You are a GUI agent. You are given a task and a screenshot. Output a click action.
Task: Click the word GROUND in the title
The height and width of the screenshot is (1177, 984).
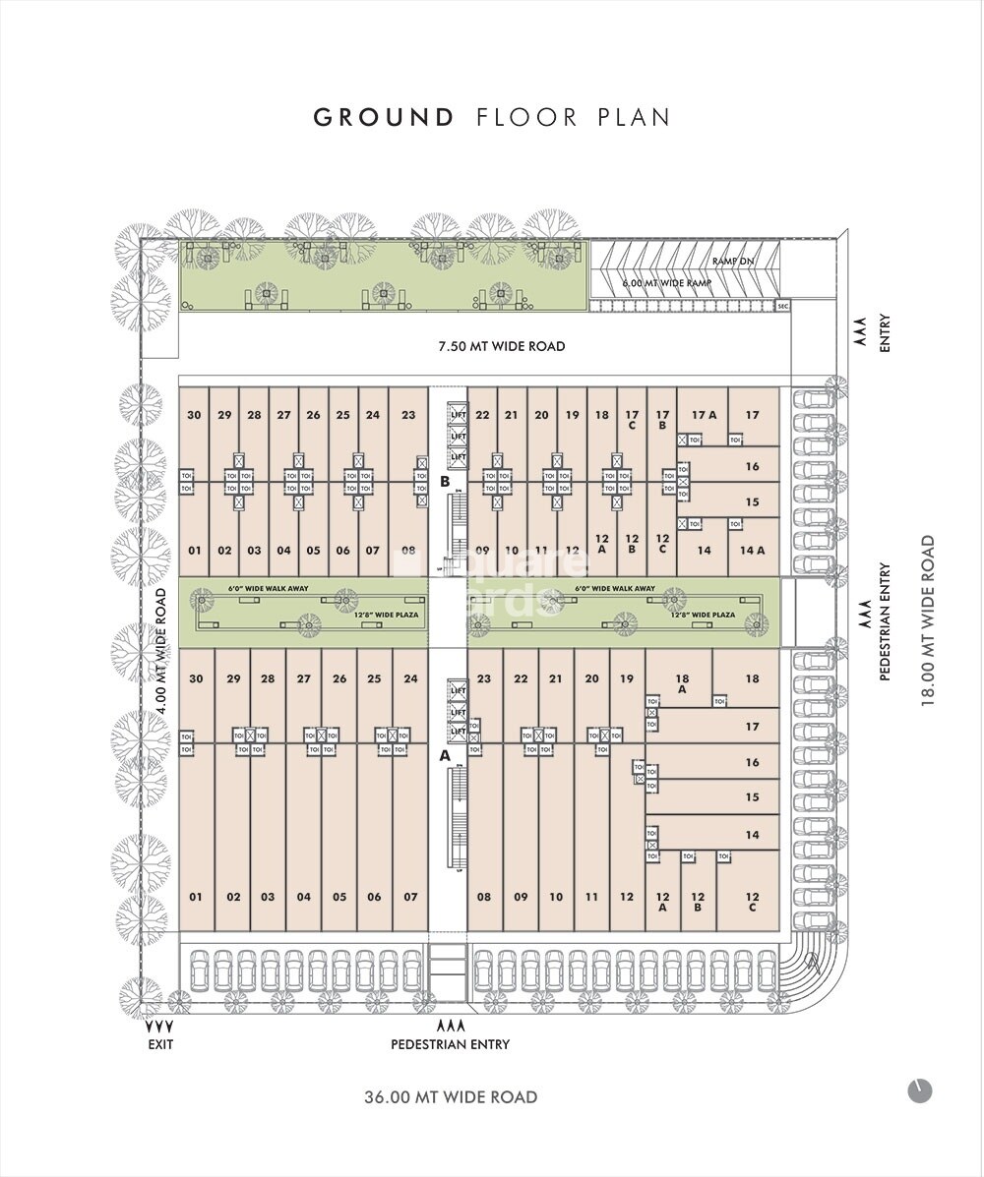384,118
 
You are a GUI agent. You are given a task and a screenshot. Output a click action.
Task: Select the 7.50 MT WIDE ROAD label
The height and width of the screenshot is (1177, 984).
502,346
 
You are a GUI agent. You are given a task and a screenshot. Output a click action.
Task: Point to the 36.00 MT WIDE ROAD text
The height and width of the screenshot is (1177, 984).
451,1096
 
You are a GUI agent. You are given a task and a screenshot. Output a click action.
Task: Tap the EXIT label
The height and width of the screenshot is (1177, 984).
159,1044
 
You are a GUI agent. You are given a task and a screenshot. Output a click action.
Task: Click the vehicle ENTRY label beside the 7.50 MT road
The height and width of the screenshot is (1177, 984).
885,334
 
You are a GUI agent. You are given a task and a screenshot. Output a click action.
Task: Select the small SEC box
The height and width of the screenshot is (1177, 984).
783,307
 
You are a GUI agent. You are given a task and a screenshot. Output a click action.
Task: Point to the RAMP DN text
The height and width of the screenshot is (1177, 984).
734,262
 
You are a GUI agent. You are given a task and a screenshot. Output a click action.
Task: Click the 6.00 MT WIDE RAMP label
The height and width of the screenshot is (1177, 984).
666,283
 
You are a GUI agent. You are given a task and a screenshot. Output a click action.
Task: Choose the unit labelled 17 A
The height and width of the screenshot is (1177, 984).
704,415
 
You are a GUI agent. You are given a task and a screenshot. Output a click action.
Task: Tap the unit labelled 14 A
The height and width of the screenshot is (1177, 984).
752,551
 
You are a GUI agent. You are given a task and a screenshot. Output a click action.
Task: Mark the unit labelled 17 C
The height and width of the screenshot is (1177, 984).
632,420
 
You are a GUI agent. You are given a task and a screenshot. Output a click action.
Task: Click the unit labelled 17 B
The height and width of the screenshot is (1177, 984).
661,420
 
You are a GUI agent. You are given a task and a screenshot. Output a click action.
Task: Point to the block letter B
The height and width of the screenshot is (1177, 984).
445,482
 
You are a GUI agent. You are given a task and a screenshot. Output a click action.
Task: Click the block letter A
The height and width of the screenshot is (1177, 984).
445,756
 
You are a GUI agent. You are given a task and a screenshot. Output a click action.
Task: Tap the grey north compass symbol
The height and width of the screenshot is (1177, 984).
919,1090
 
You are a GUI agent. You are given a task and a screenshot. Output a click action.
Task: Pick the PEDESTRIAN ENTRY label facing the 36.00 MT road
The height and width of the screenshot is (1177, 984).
451,1044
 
